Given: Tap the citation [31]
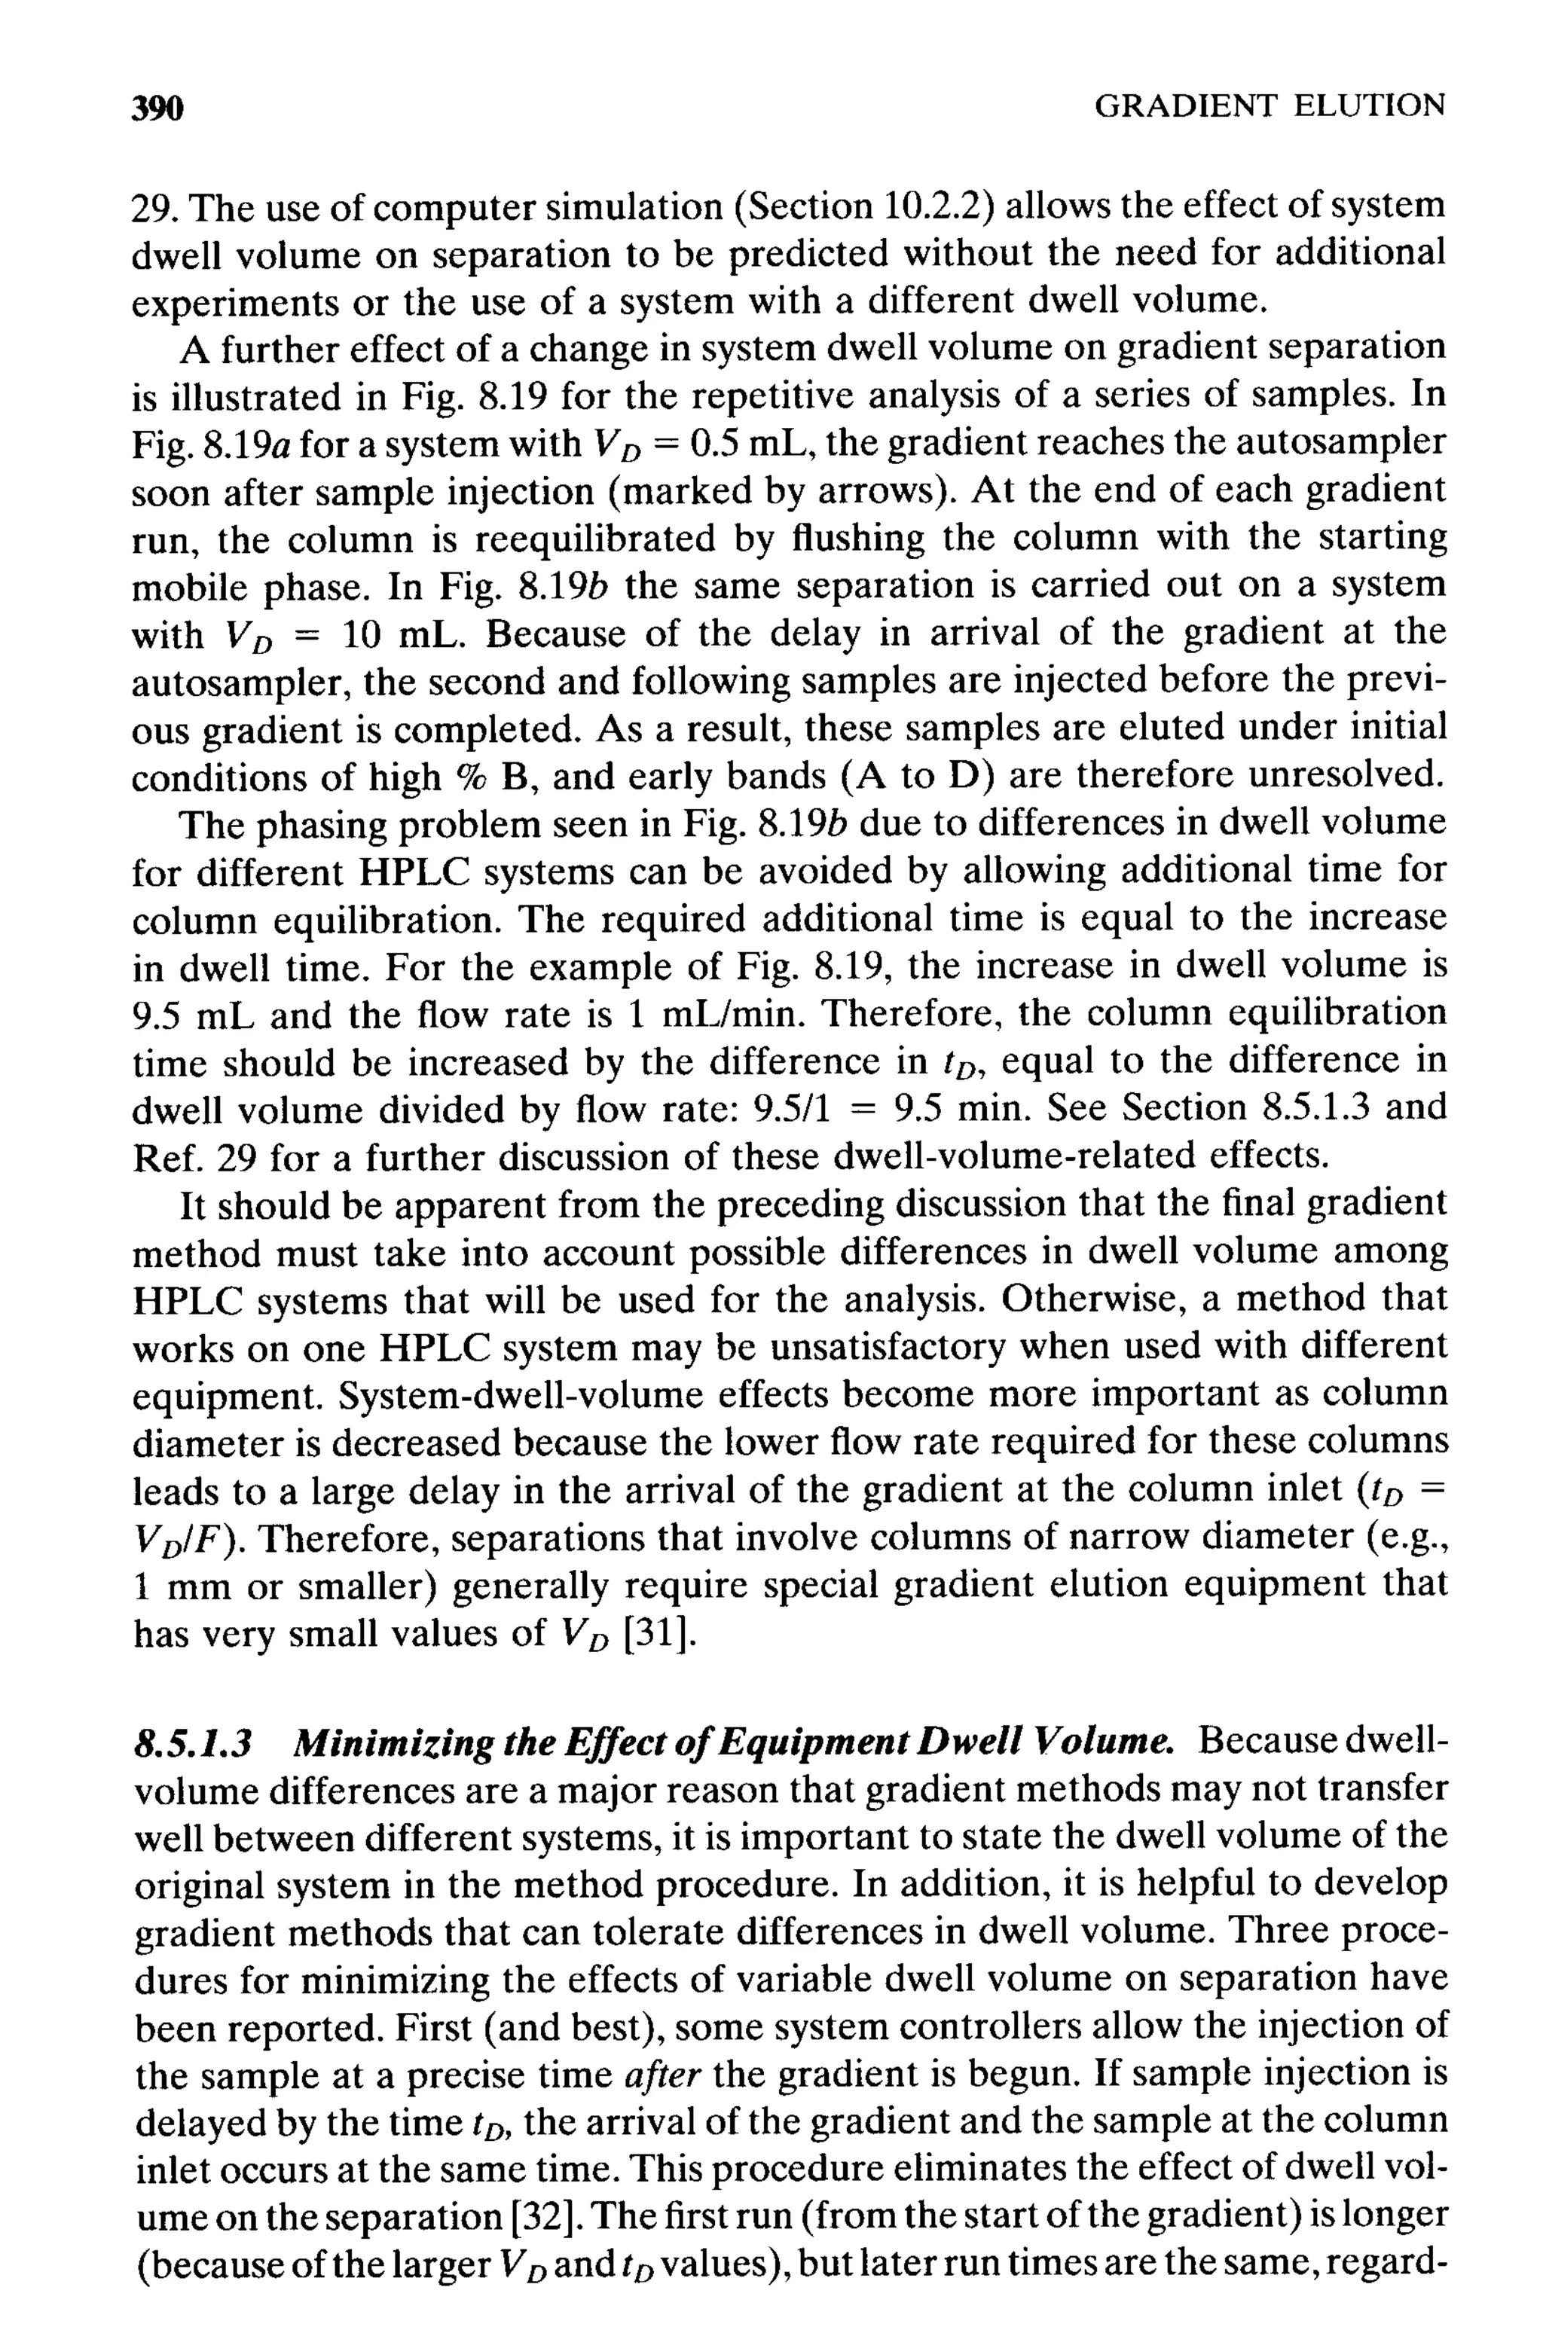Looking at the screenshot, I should (x=659, y=1632).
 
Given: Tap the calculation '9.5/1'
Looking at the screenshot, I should (x=791, y=1109).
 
